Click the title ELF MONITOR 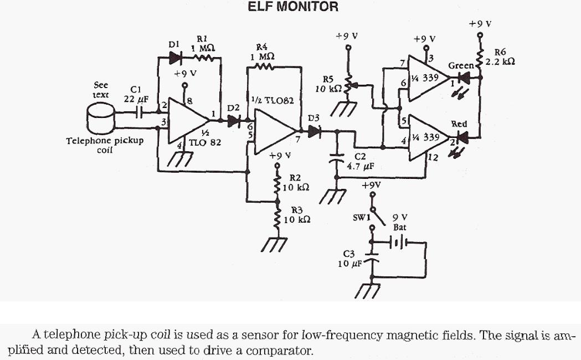tap(292, 7)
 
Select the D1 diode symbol tap(176, 57)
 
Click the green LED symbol tap(465, 79)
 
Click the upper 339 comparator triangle tap(424, 79)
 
